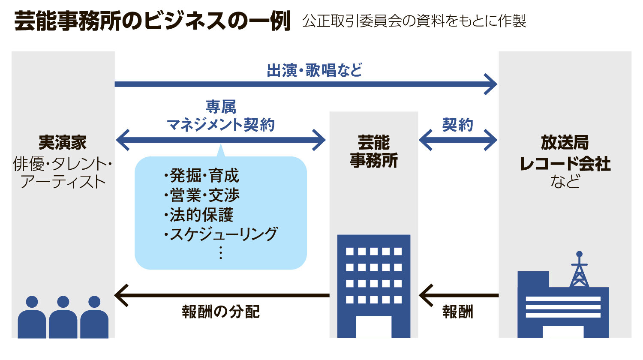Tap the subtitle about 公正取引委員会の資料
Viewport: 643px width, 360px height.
tap(414, 21)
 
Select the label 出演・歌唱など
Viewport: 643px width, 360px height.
tap(314, 70)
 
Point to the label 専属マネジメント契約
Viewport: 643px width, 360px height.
tap(221, 116)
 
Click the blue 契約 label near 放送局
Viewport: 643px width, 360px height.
tap(457, 125)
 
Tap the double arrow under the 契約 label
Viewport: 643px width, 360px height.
tap(458, 140)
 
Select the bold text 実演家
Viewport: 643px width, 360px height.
tap(63, 143)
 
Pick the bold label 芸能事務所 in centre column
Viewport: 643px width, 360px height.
tap(374, 151)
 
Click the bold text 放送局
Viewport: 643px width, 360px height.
tap(565, 143)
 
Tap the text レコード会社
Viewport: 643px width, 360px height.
tap(565, 164)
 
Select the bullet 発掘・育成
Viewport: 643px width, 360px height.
tap(201, 176)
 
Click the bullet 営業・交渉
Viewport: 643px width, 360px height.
tap(201, 195)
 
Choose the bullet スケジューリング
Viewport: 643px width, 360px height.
tap(221, 234)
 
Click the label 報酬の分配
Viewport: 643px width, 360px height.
tap(221, 312)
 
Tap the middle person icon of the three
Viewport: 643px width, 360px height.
tap(63, 317)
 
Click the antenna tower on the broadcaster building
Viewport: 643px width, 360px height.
tap(579, 270)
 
